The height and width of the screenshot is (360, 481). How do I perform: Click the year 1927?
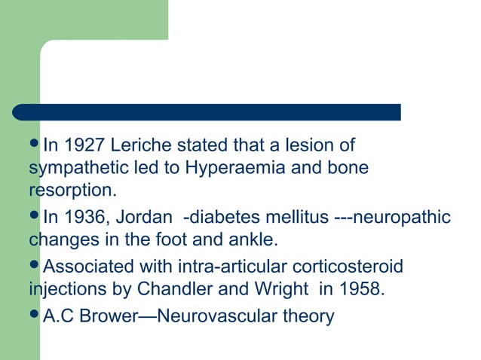tap(85, 145)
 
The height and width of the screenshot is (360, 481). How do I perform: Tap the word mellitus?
tap(292, 218)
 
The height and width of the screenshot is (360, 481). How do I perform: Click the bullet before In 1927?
tap(35, 144)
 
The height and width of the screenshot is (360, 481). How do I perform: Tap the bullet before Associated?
tap(35, 266)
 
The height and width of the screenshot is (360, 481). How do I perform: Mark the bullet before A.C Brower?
tap(35, 315)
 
